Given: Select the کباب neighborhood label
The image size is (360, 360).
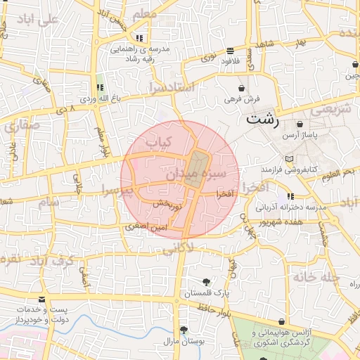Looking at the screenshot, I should click(158, 143).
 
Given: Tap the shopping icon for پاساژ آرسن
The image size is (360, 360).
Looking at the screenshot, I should click(300, 124).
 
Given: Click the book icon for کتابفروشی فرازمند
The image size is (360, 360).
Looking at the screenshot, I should click(290, 159).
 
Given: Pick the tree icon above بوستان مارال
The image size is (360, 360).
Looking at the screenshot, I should click(184, 330).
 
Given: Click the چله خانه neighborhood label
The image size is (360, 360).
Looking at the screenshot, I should click(317, 276).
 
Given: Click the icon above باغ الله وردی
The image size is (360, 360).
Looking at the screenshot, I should click(100, 88).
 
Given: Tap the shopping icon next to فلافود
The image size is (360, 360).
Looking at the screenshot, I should click(231, 50).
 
